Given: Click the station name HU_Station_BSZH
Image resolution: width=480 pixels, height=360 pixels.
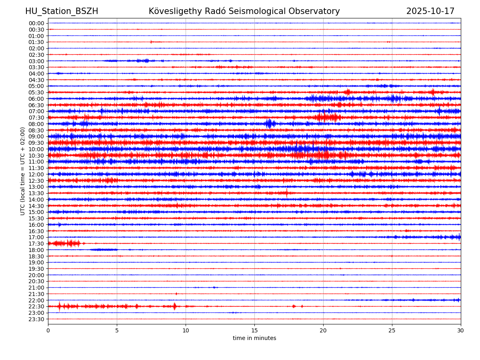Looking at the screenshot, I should (62, 11).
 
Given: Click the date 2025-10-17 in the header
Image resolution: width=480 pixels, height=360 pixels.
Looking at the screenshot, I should (430, 11).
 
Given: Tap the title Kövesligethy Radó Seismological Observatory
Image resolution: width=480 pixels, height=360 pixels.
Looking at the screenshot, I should (244, 11).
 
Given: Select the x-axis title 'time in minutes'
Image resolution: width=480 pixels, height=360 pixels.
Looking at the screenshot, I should (254, 338).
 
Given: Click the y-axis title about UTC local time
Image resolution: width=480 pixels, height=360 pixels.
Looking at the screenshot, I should (23, 171).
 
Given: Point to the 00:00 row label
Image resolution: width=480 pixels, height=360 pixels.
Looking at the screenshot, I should (36, 23).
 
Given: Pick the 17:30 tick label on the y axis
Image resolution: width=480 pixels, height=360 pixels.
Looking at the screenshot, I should (36, 244).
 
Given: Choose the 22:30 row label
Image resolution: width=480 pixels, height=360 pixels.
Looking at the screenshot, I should (36, 306).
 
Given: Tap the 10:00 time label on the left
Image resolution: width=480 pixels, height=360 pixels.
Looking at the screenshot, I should (36, 149).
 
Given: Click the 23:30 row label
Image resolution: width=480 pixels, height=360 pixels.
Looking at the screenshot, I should (36, 319).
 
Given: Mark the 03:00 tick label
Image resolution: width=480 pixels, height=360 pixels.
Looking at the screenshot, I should (36, 61).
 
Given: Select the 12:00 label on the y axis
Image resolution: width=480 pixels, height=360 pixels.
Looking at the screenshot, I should (36, 174).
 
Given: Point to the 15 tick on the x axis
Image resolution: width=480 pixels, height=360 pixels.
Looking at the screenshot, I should (254, 330).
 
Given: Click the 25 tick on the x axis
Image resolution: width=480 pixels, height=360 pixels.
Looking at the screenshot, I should (392, 330).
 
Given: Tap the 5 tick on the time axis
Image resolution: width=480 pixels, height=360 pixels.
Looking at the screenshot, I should (117, 330).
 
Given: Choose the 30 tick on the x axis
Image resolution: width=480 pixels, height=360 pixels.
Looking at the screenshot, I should (461, 330).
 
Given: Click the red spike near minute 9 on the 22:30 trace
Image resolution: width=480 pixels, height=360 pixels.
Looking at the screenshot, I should (174, 306).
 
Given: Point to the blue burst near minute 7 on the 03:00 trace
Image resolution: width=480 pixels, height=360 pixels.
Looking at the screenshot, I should (142, 61).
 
